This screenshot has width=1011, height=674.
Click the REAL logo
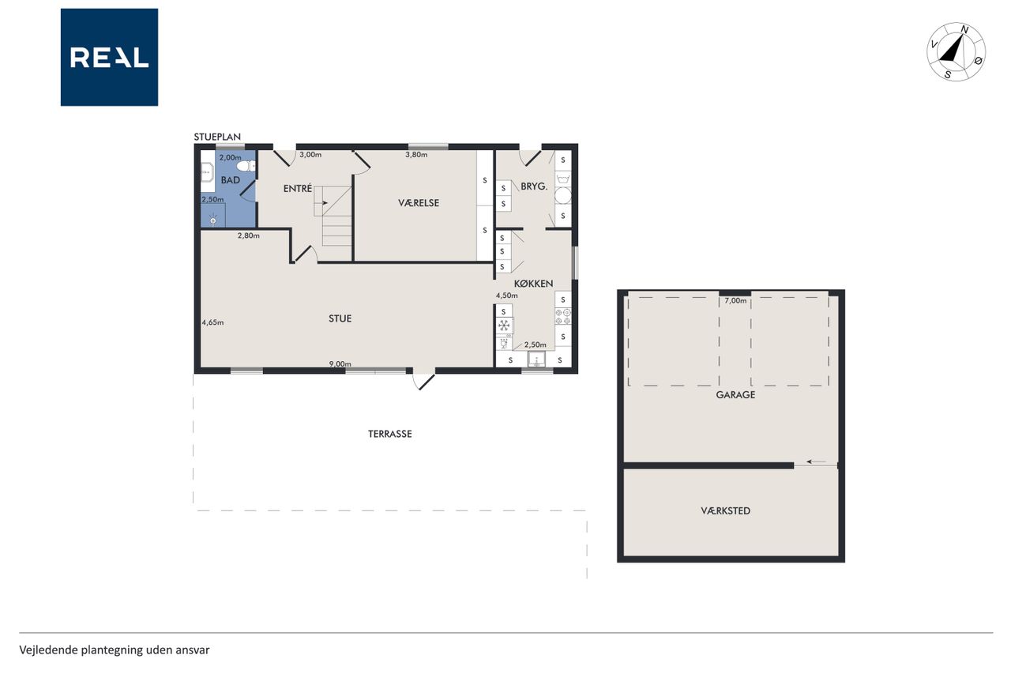109,58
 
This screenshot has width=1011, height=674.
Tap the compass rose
956,52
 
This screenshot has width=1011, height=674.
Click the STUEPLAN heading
217,137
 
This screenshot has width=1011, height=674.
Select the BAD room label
230,180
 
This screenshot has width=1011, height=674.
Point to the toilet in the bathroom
246,166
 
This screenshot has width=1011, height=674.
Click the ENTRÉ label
298,188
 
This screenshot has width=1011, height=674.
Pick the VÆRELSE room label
419,203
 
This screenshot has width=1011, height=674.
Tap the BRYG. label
534,186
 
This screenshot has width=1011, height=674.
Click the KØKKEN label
533,284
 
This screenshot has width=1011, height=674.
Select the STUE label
340,318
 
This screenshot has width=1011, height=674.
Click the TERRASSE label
390,434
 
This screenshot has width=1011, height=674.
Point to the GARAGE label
735,394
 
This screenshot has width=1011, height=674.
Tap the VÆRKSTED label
725,510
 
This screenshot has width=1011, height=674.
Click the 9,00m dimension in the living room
340,363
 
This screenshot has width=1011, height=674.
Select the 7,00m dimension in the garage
735,300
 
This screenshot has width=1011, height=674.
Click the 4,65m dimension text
212,322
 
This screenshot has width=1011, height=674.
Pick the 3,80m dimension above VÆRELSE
416,154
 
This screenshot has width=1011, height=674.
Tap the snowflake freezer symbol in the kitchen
504,325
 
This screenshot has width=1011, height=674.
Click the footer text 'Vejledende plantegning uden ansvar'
115,650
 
